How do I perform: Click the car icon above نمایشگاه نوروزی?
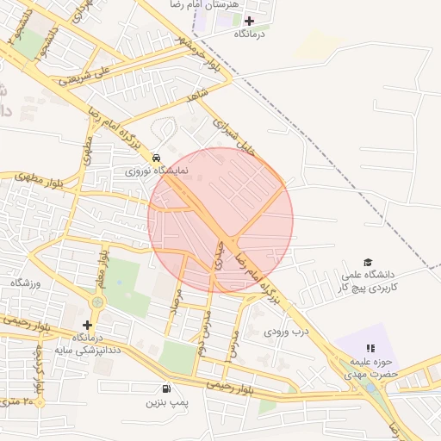coord(155,158)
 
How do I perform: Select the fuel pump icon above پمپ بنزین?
coord(166,388)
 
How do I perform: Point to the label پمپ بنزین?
coord(166,401)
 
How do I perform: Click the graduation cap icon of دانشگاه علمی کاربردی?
coord(368,262)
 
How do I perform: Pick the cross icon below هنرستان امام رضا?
coord(250,21)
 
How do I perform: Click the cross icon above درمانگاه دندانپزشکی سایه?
coord(86,324)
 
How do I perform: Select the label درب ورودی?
coord(286,331)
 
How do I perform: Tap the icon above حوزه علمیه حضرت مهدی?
coord(370,348)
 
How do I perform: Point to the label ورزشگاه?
coord(26,283)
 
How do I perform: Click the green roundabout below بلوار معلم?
coord(97,303)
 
